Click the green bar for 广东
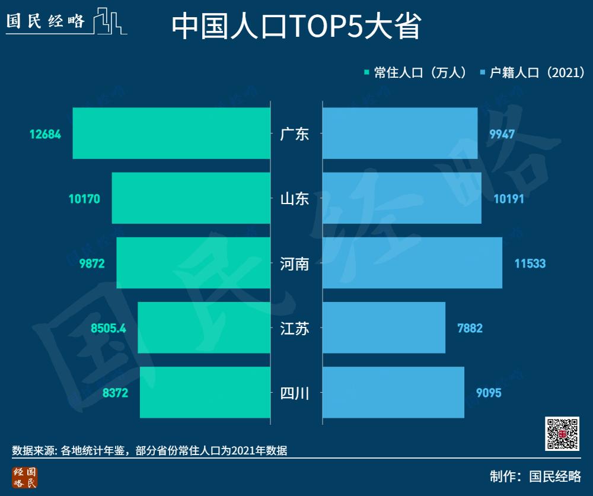coord(171,133)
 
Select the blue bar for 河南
coord(412,263)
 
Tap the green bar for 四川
coord(205,392)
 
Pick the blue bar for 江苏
coord(384,328)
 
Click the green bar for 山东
coord(190,198)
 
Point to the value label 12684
coord(45,134)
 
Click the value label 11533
coord(530,263)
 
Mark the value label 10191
coord(509,199)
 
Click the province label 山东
coord(295,199)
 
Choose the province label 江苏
coord(295,328)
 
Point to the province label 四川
coord(295,393)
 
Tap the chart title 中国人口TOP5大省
coord(296,27)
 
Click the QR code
coord(562,433)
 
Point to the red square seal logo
coord(24,478)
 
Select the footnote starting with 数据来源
coord(149,450)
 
